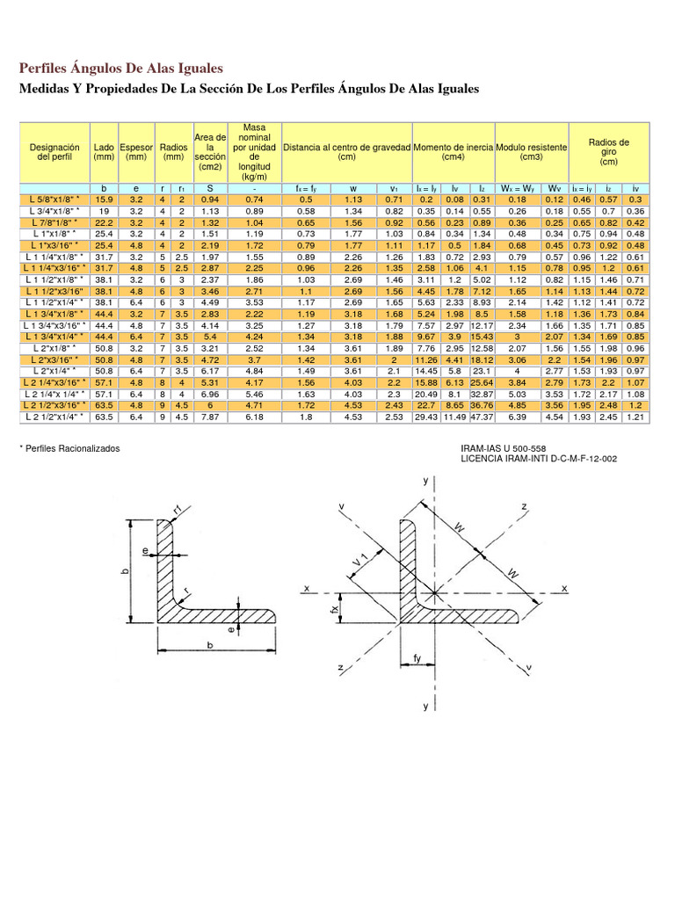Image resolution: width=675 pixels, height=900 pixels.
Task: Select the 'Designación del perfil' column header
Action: pyautogui.click(x=54, y=152)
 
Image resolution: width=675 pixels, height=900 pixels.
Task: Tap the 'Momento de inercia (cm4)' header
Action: pyautogui.click(x=454, y=152)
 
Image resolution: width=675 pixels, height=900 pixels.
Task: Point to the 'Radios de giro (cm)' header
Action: pyautogui.click(x=608, y=152)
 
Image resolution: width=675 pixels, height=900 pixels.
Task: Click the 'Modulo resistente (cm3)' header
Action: pyautogui.click(x=531, y=152)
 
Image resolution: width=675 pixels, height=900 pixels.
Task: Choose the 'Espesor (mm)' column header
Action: pyautogui.click(x=136, y=152)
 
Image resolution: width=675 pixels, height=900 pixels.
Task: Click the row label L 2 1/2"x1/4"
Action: pyautogui.click(x=54, y=417)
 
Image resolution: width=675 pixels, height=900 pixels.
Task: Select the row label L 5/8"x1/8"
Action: pyautogui.click(x=54, y=200)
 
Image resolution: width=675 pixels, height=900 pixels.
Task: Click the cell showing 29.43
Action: pyautogui.click(x=425, y=417)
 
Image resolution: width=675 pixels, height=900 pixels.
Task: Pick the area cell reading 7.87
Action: pyautogui.click(x=209, y=417)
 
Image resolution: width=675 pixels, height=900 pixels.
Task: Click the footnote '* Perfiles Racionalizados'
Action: pyautogui.click(x=69, y=448)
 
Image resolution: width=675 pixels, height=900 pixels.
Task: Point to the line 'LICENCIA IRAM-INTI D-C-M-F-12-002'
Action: pyautogui.click(x=539, y=459)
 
